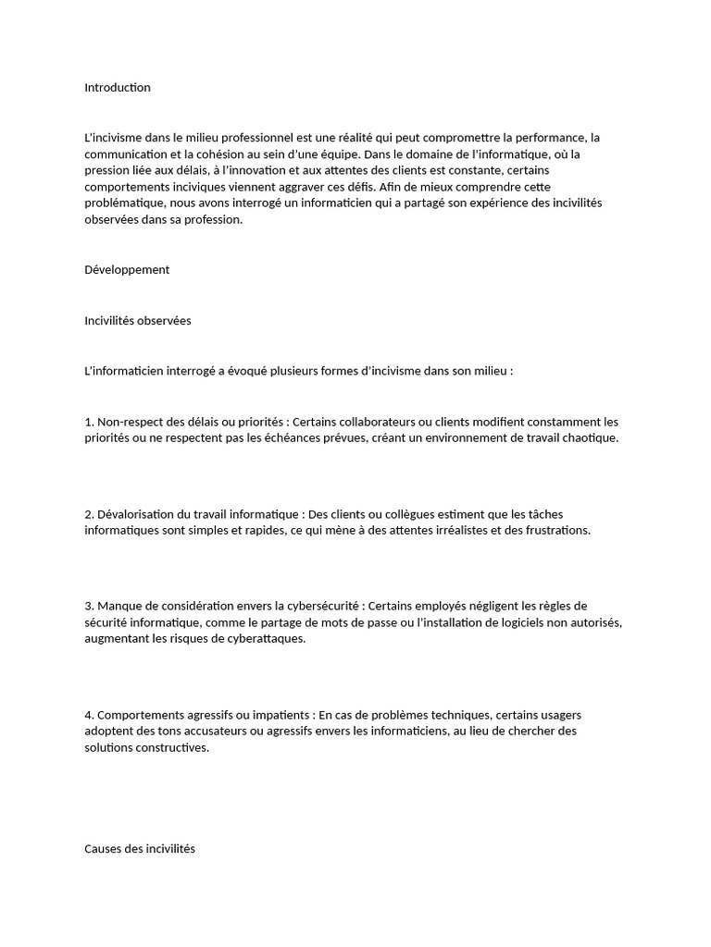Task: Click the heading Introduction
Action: pyautogui.click(x=118, y=88)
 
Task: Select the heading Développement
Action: pyautogui.click(x=127, y=270)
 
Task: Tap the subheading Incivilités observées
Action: pyautogui.click(x=138, y=321)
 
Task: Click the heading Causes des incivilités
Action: pyautogui.click(x=140, y=848)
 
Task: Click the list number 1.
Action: pyautogui.click(x=88, y=422)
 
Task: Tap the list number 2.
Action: pyautogui.click(x=88, y=514)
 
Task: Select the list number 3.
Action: pyautogui.click(x=88, y=606)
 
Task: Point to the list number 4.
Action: pyautogui.click(x=88, y=715)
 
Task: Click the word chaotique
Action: pyautogui.click(x=583, y=438)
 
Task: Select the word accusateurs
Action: pyautogui.click(x=210, y=732)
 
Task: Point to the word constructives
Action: pyautogui.click(x=174, y=748)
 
